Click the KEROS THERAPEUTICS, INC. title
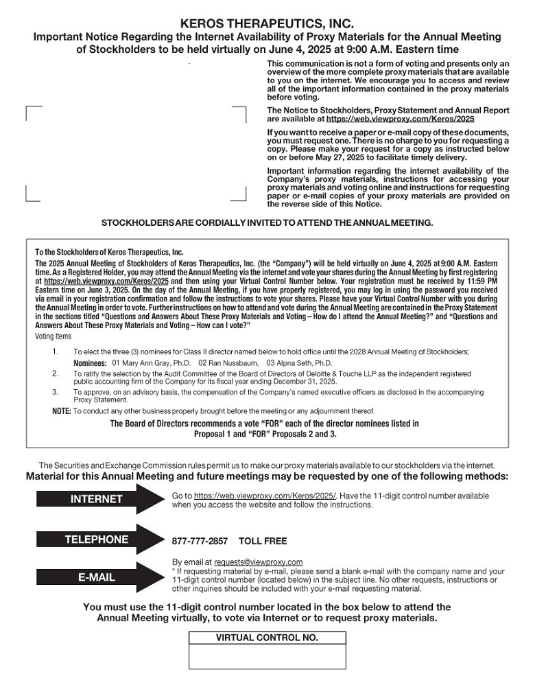tap(267, 24)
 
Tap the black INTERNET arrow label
tap(96, 499)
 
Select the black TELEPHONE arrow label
tap(96, 540)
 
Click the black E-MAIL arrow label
tap(96, 577)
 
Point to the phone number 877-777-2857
tap(200, 541)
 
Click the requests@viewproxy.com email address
tap(258, 562)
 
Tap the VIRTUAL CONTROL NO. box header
tap(267, 638)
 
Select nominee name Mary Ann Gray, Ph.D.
tap(151, 362)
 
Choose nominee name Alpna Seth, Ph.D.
tap(299, 362)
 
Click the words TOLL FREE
tap(263, 541)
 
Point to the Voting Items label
tap(53, 337)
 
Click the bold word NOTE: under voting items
tap(61, 410)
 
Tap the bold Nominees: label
tap(90, 362)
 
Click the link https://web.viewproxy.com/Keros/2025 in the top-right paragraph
tap(401, 119)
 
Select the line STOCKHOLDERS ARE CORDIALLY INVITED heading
tap(267, 223)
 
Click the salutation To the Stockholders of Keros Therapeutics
tap(109, 252)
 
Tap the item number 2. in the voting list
tap(56, 373)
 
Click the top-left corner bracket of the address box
tap(27, 108)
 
